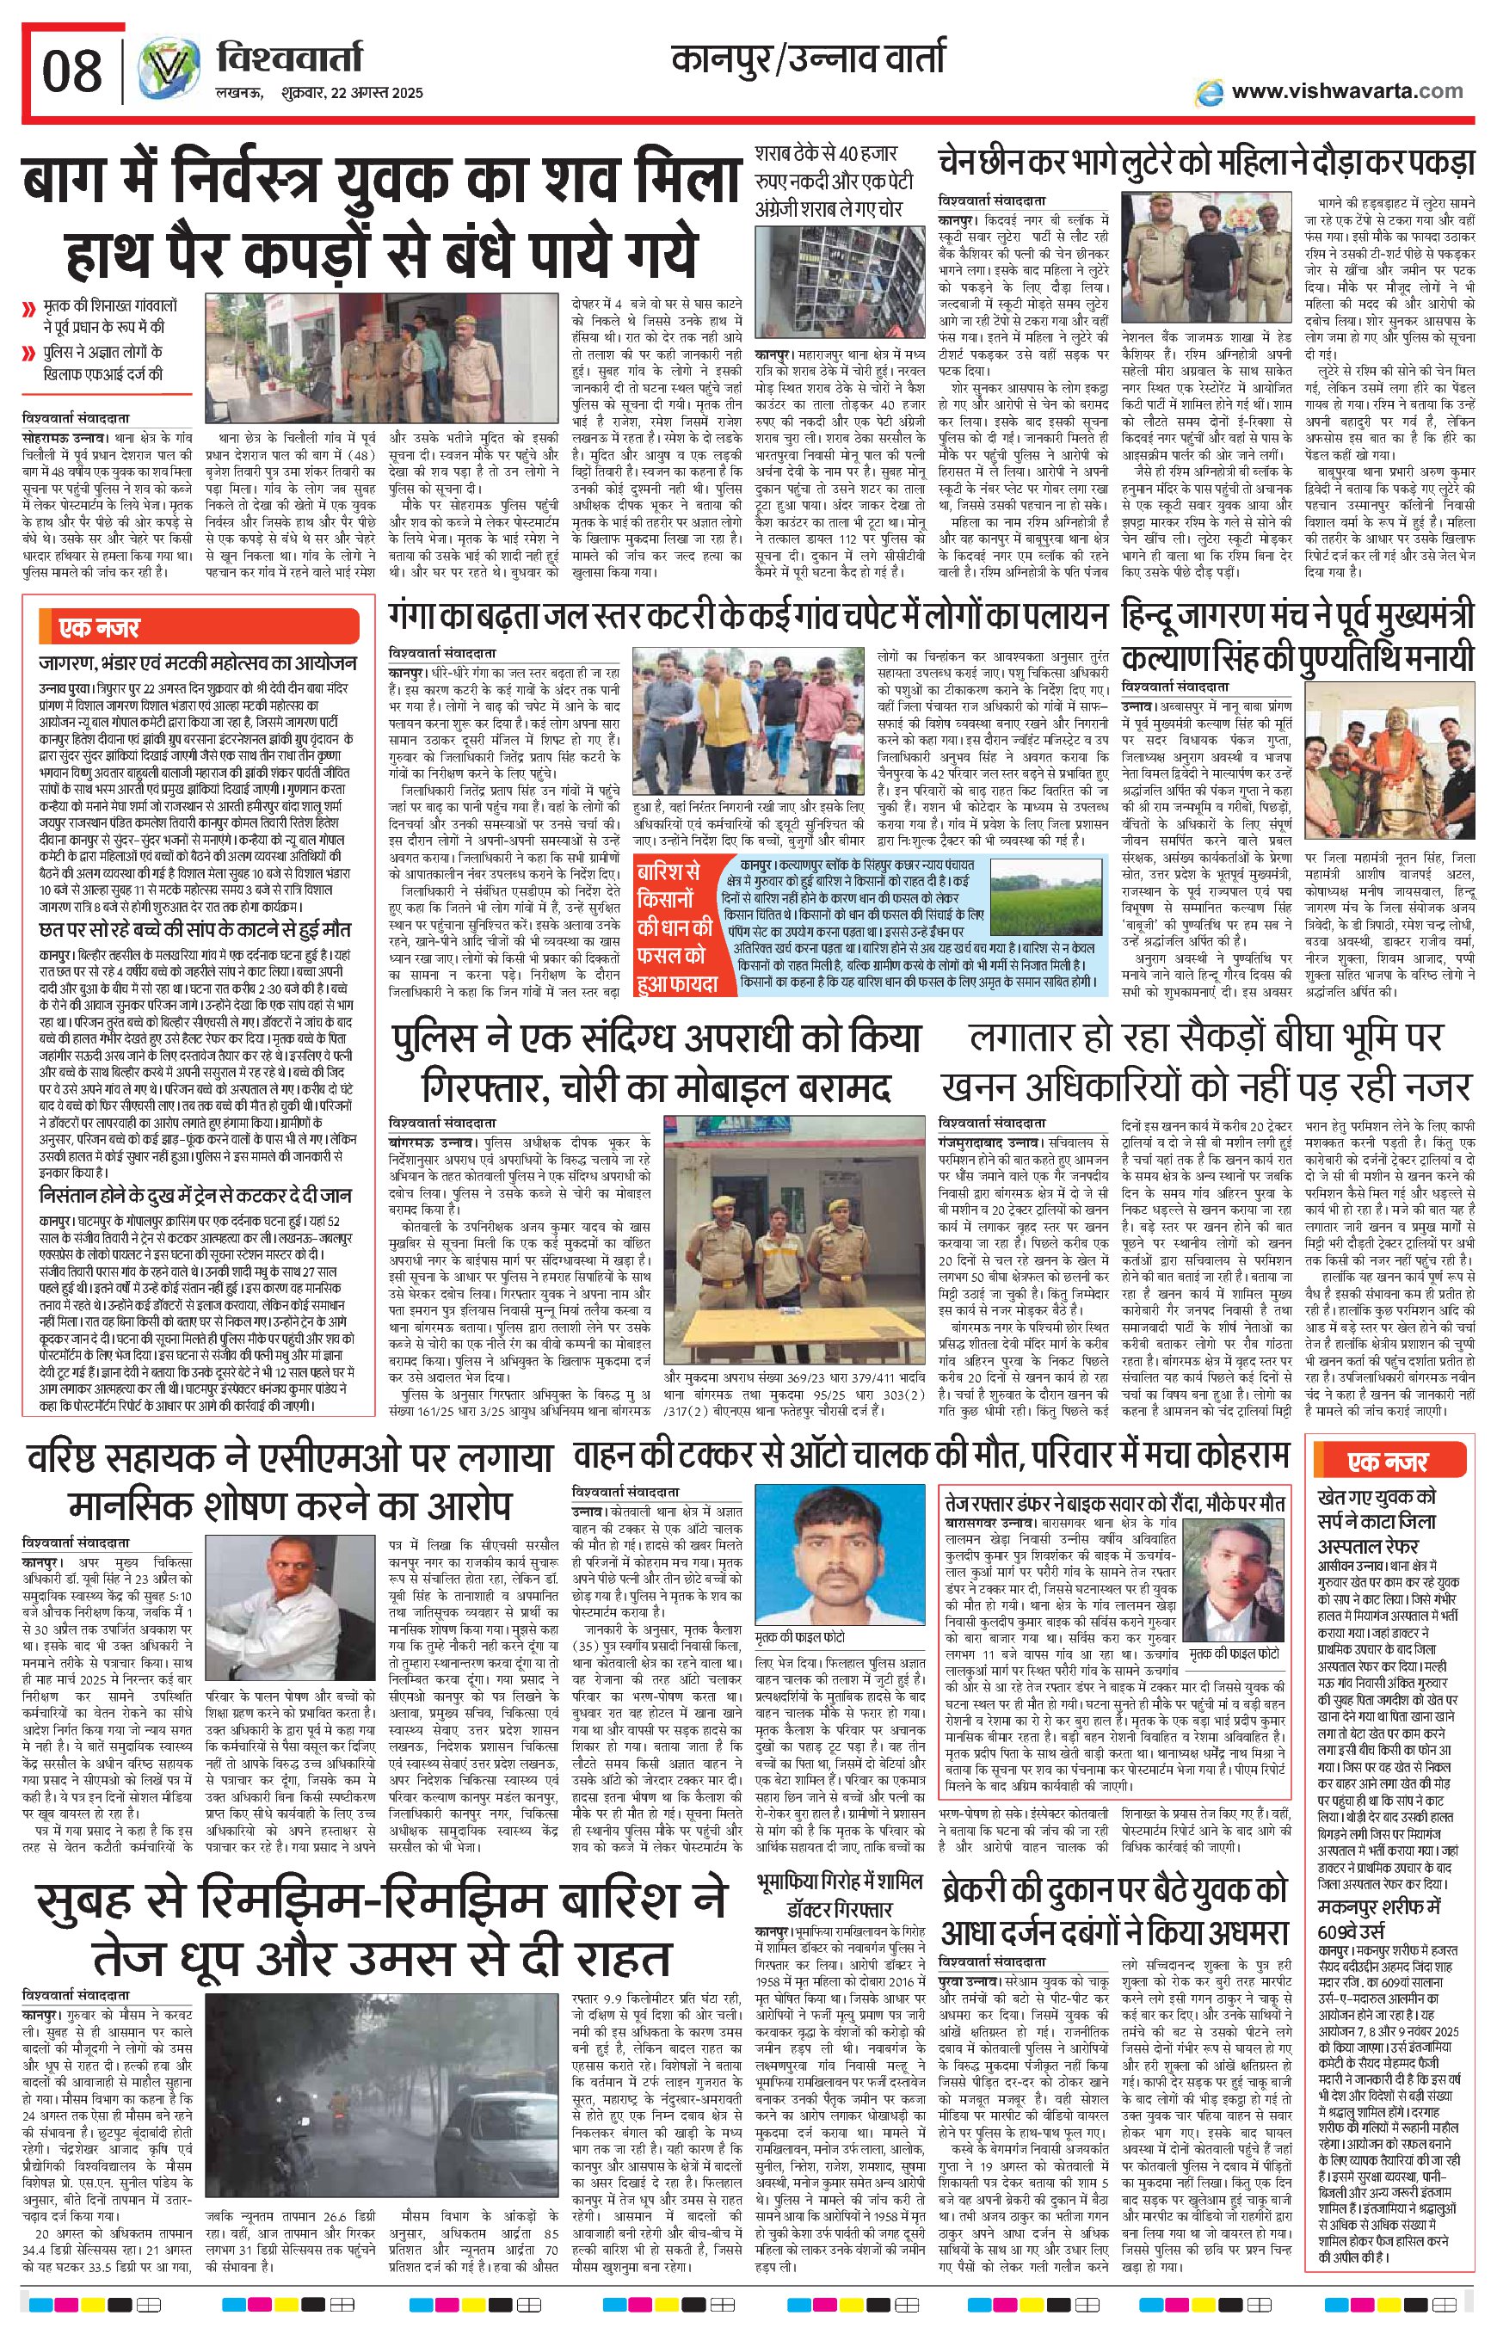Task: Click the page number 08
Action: click(x=72, y=71)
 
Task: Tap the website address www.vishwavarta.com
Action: click(x=1346, y=91)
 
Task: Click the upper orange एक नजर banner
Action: click(x=97, y=627)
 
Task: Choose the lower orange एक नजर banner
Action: click(x=1386, y=1461)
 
